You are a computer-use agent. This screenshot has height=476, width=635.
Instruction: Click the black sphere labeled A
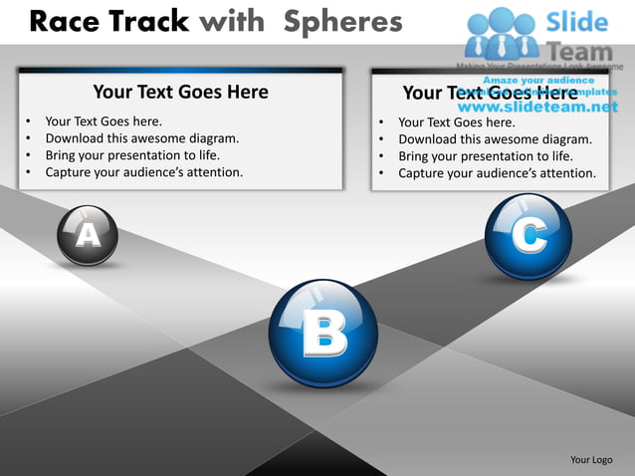point(88,235)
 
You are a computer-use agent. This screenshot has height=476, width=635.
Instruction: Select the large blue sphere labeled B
point(323,334)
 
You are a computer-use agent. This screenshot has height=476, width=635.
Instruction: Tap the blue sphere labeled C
point(528,236)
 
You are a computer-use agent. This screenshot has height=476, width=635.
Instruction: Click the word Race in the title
point(67,21)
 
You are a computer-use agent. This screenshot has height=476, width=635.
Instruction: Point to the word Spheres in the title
point(338,21)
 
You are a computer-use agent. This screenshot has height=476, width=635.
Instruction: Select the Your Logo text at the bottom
point(590,459)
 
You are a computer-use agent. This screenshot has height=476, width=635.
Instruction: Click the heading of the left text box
point(180,92)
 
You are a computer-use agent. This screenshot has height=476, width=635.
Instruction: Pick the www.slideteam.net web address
point(537,107)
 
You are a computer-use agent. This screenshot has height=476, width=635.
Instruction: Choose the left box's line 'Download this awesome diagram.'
point(141,138)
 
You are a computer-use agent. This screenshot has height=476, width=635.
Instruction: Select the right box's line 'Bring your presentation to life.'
point(485,156)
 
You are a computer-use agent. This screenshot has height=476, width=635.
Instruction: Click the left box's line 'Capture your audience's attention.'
point(143,172)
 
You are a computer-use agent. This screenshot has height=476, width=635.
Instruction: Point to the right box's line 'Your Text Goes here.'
point(456,122)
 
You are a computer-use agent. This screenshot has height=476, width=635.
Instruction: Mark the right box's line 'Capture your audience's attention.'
point(497,173)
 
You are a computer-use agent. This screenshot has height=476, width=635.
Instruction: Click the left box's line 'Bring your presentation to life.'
point(132,155)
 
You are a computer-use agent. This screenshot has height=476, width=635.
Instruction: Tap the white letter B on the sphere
point(323,335)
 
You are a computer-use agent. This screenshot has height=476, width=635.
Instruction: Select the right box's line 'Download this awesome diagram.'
point(495,139)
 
